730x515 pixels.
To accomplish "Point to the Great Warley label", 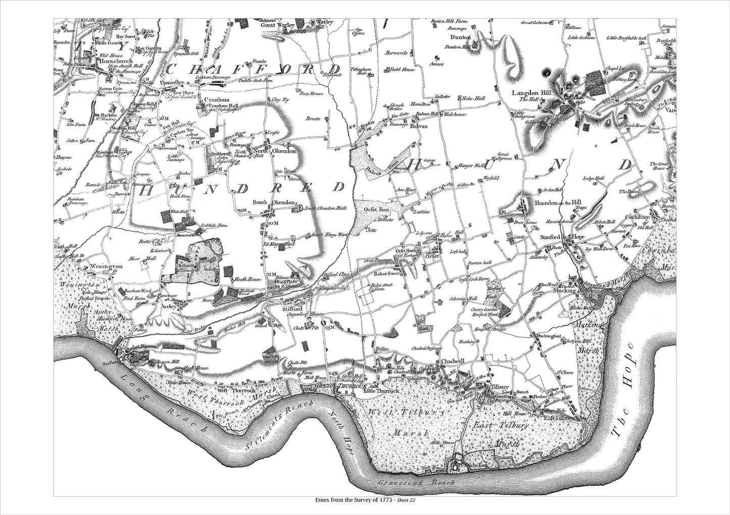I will (277, 24).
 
